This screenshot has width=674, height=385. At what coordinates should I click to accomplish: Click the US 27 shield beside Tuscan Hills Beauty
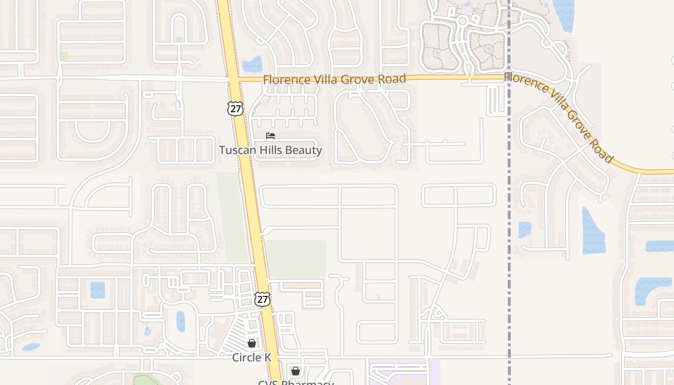[235, 109]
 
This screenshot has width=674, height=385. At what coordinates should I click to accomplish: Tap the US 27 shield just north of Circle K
[262, 299]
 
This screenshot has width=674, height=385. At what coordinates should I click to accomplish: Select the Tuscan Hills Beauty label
[271, 150]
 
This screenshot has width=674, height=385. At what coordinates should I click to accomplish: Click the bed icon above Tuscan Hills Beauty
[271, 136]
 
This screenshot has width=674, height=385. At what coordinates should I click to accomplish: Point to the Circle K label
[252, 358]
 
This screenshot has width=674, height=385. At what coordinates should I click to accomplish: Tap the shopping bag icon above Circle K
[251, 343]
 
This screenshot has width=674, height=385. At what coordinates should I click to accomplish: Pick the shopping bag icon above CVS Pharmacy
[295, 371]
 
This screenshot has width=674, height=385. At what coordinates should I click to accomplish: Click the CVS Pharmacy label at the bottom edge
[296, 383]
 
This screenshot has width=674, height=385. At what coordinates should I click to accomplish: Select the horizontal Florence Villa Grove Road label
[334, 79]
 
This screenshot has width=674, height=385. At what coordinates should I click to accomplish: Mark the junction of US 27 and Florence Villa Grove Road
[233, 79]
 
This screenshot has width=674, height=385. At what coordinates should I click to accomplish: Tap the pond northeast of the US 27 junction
[253, 64]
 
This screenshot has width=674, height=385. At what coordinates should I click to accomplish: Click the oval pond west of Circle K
[181, 321]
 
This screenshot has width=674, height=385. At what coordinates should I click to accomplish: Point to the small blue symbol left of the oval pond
[147, 331]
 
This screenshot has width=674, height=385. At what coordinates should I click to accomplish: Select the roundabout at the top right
[463, 21]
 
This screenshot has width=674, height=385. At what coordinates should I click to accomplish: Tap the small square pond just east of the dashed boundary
[524, 229]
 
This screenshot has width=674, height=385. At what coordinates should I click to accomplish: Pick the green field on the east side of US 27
[296, 258]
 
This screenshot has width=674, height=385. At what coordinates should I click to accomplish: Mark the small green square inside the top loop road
[180, 39]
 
